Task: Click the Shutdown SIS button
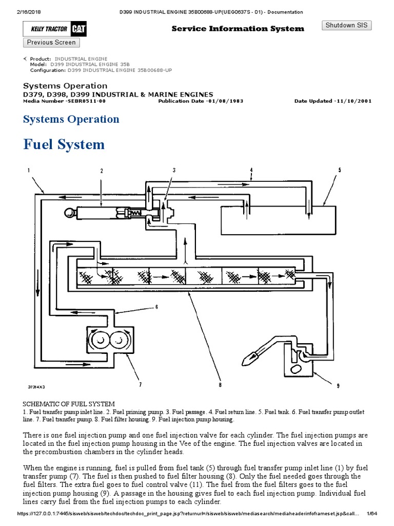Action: [346, 26]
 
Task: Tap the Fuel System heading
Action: [64, 144]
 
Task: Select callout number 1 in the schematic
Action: [29, 170]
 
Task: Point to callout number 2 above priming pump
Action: [102, 171]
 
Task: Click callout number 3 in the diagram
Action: [174, 170]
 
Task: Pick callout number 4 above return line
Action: [251, 170]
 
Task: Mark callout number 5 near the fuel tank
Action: [339, 170]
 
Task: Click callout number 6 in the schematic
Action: [157, 307]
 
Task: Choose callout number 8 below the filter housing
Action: [220, 384]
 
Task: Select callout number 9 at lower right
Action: [338, 387]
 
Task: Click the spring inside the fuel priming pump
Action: [135, 212]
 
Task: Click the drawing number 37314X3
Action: [36, 386]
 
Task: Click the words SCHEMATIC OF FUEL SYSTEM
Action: [69, 404]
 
